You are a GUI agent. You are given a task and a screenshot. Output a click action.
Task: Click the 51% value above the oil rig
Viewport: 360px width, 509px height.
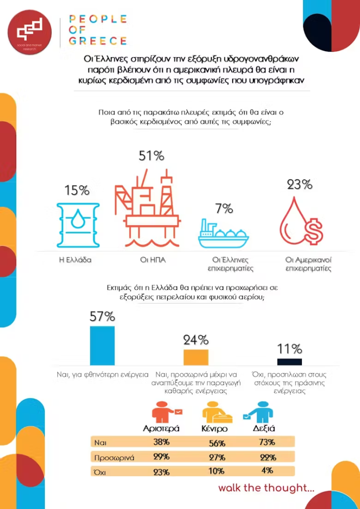pyautogui.click(x=151, y=156)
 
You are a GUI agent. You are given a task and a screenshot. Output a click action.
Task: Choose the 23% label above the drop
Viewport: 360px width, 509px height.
pyautogui.click(x=300, y=184)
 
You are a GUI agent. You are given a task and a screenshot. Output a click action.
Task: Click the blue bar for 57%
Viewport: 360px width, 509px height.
pyautogui.click(x=102, y=345)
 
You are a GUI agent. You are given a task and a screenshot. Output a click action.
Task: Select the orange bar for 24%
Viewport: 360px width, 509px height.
pyautogui.click(x=196, y=357)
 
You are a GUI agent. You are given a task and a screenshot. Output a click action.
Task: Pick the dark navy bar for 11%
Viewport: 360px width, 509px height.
pyautogui.click(x=289, y=361)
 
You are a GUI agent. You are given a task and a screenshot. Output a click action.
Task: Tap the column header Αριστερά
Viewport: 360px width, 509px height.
pyautogui.click(x=161, y=428)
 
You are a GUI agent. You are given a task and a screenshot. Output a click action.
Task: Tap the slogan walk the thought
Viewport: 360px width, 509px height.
pyautogui.click(x=266, y=488)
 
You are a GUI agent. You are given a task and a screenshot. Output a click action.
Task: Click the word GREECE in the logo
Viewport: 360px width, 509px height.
pyautogui.click(x=97, y=41)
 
